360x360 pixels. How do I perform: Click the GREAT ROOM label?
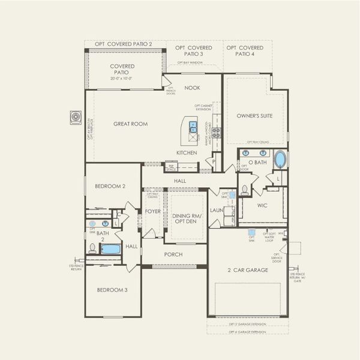click(x=130, y=124)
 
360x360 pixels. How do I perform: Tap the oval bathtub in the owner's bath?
click(x=280, y=161)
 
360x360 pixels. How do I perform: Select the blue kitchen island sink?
click(x=193, y=126)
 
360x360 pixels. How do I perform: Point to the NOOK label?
click(x=192, y=88)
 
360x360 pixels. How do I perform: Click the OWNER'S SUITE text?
click(x=250, y=115)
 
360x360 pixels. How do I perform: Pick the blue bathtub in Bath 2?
click(x=110, y=248)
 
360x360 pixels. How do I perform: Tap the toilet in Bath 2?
click(x=92, y=248)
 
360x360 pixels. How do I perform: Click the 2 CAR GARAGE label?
click(x=248, y=269)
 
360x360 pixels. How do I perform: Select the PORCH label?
click(x=173, y=254)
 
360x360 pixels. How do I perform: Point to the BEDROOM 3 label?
click(x=112, y=290)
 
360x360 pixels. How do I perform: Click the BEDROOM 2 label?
click(x=110, y=187)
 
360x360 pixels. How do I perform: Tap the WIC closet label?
click(x=262, y=206)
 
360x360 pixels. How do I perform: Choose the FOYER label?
click(x=152, y=211)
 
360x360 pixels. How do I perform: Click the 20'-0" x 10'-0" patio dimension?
click(x=122, y=79)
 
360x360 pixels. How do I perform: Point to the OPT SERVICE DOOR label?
click(x=293, y=259)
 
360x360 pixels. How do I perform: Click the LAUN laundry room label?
click(x=216, y=211)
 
